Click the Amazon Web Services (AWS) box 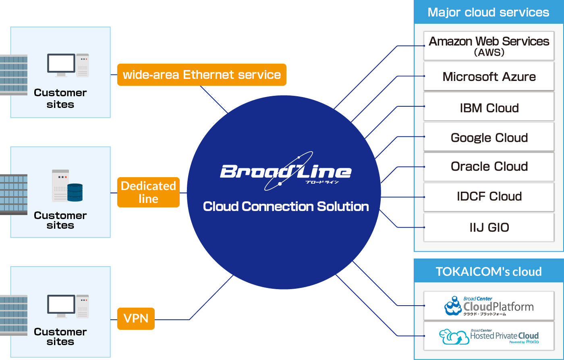pyautogui.click(x=489, y=46)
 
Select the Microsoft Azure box pyautogui.click(x=489, y=77)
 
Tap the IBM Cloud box pyautogui.click(x=489, y=107)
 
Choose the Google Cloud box pyautogui.click(x=489, y=137)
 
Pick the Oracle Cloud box pyautogui.click(x=489, y=166)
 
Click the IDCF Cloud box pyautogui.click(x=489, y=197)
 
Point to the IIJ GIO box pyautogui.click(x=489, y=227)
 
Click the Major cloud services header pyautogui.click(x=488, y=12)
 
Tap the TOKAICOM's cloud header pyautogui.click(x=488, y=271)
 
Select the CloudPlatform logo pyautogui.click(x=489, y=306)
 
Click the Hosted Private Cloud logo pyautogui.click(x=489, y=336)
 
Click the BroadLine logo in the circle pyautogui.click(x=285, y=172)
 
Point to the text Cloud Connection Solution pyautogui.click(x=286, y=207)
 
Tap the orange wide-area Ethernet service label pyautogui.click(x=201, y=75)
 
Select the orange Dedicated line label pyautogui.click(x=148, y=192)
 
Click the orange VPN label pyautogui.click(x=136, y=319)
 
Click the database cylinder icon pyautogui.click(x=75, y=192)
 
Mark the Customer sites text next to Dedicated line pyautogui.click(x=60, y=220)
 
